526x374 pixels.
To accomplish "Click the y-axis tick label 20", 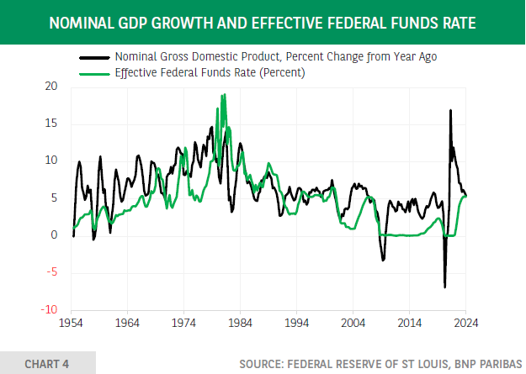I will point(52,87).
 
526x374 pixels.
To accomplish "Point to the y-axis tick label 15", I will point(52,124).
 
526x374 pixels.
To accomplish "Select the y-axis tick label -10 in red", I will point(50,309).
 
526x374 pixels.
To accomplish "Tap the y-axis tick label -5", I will point(52,272).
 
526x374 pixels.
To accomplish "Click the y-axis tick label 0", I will point(54,235).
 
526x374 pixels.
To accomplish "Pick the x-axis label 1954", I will point(72,322).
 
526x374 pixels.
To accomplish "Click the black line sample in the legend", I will point(95,57).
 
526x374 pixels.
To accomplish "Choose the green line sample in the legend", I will point(95,73).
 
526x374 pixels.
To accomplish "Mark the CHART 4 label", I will point(47,363).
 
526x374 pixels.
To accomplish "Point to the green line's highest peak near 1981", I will point(224,95).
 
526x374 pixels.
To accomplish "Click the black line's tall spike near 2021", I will point(450,111).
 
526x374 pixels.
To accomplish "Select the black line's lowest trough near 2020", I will point(444,287).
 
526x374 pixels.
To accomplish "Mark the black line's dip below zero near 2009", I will point(383,260).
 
